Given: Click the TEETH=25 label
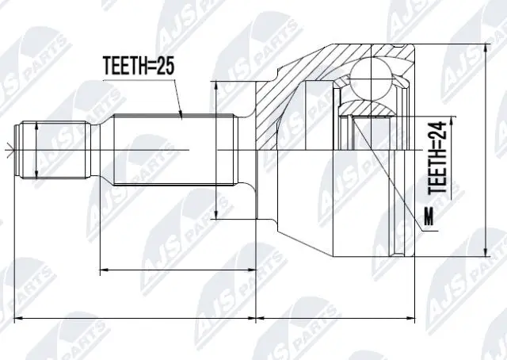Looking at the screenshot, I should (139, 67).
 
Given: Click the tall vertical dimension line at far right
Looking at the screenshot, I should (484, 143).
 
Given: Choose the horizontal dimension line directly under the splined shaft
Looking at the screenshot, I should (177, 270).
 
